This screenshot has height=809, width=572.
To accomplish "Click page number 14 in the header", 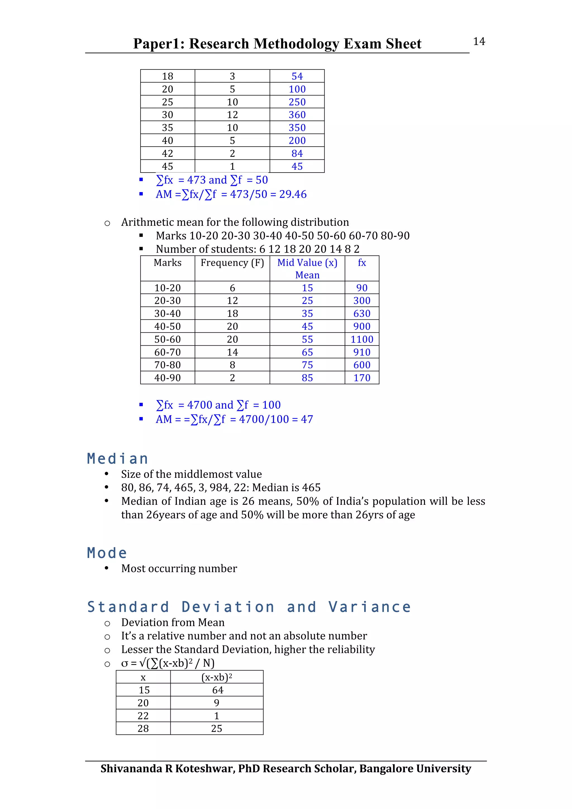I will (x=479, y=42).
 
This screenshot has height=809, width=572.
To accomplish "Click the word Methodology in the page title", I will (x=296, y=44).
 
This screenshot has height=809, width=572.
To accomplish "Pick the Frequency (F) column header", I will (x=232, y=263).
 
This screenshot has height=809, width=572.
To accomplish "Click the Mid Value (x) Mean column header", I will (x=307, y=269).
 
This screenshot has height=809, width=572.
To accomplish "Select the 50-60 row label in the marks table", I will (x=167, y=339).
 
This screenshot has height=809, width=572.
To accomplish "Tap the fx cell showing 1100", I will (x=362, y=339).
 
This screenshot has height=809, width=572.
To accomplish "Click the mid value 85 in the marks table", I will (x=307, y=378).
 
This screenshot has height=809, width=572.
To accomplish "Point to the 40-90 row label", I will (x=167, y=378).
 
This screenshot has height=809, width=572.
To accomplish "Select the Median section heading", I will (x=117, y=459).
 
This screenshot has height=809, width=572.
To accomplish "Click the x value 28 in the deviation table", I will (x=143, y=729).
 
